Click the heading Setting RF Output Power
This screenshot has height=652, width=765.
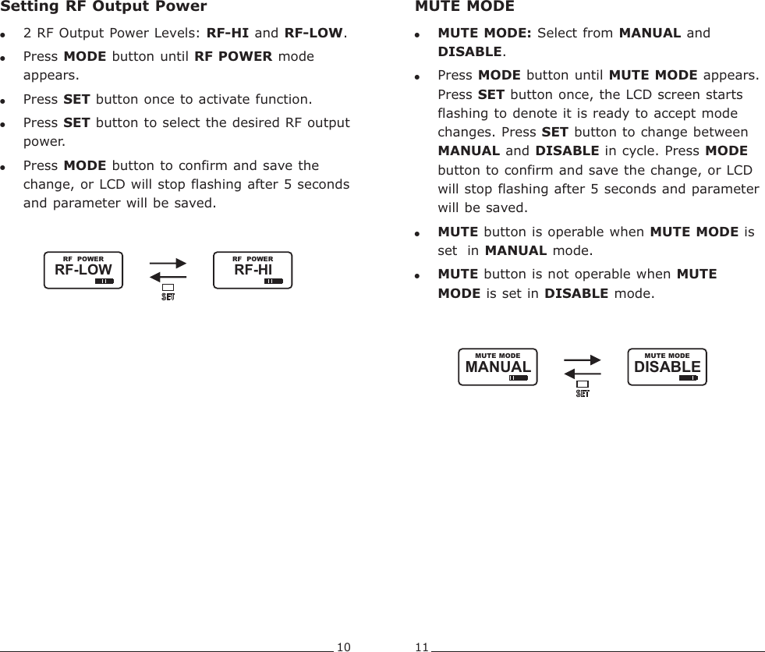(x=103, y=7)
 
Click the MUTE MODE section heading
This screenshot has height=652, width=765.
(x=464, y=7)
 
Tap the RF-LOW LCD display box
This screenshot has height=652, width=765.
(x=83, y=271)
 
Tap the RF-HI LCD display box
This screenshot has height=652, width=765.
(x=253, y=271)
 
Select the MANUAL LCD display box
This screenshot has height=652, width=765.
(x=498, y=367)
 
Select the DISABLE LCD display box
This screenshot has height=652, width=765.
(x=667, y=367)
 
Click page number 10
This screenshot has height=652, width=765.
(x=344, y=646)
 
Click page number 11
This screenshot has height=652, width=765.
(x=422, y=646)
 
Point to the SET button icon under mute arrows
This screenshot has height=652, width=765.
(x=582, y=388)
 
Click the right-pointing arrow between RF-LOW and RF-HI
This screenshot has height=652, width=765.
(x=168, y=264)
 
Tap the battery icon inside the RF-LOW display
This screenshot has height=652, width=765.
(x=104, y=282)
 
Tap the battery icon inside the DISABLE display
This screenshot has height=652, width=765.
(x=689, y=377)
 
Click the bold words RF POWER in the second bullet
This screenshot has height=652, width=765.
(x=233, y=57)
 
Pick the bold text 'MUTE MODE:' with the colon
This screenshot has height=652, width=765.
(x=485, y=34)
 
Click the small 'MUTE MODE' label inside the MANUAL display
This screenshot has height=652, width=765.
(x=498, y=356)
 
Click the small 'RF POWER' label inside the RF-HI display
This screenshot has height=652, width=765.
(x=253, y=259)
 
